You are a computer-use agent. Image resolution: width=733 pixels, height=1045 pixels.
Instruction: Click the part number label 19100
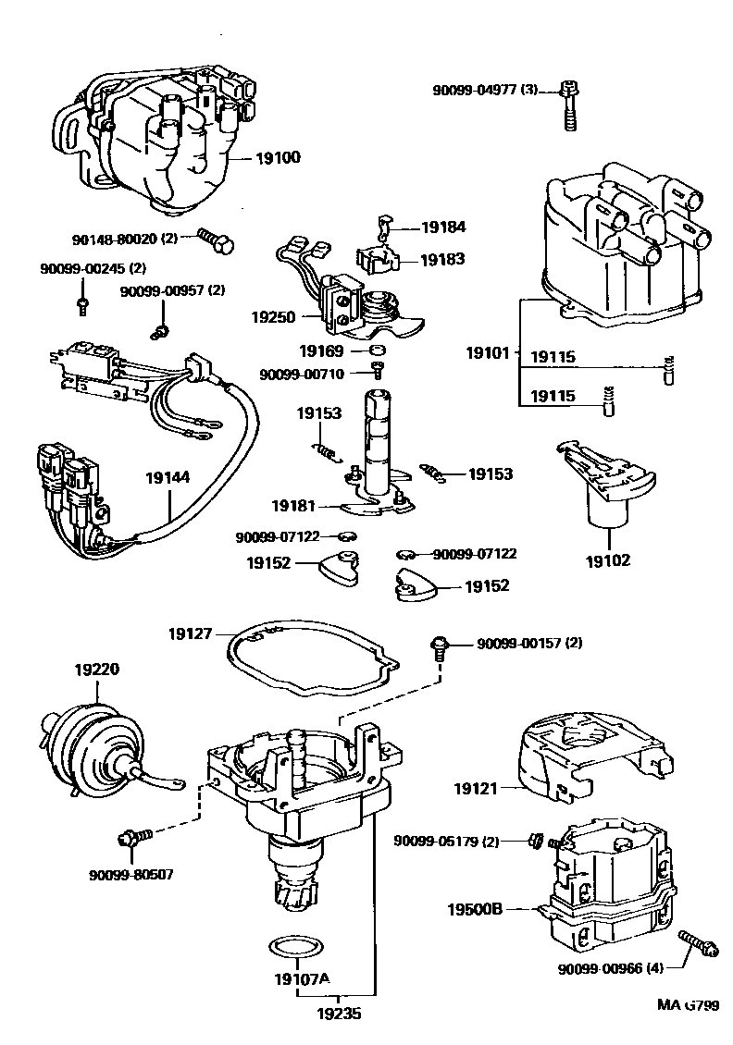277,158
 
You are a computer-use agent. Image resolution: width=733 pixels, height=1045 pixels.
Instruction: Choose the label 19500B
478,910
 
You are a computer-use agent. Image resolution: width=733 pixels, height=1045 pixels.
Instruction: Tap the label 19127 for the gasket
191,634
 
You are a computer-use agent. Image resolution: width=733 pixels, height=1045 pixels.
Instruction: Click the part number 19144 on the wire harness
168,479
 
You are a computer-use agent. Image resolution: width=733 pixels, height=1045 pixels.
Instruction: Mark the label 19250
273,316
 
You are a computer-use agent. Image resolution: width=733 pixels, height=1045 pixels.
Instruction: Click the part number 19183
442,260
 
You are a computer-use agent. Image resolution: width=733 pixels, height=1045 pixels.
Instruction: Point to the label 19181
293,506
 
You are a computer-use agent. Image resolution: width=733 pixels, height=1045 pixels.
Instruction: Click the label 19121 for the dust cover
476,789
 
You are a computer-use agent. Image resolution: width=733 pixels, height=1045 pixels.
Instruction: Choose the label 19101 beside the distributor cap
488,352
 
